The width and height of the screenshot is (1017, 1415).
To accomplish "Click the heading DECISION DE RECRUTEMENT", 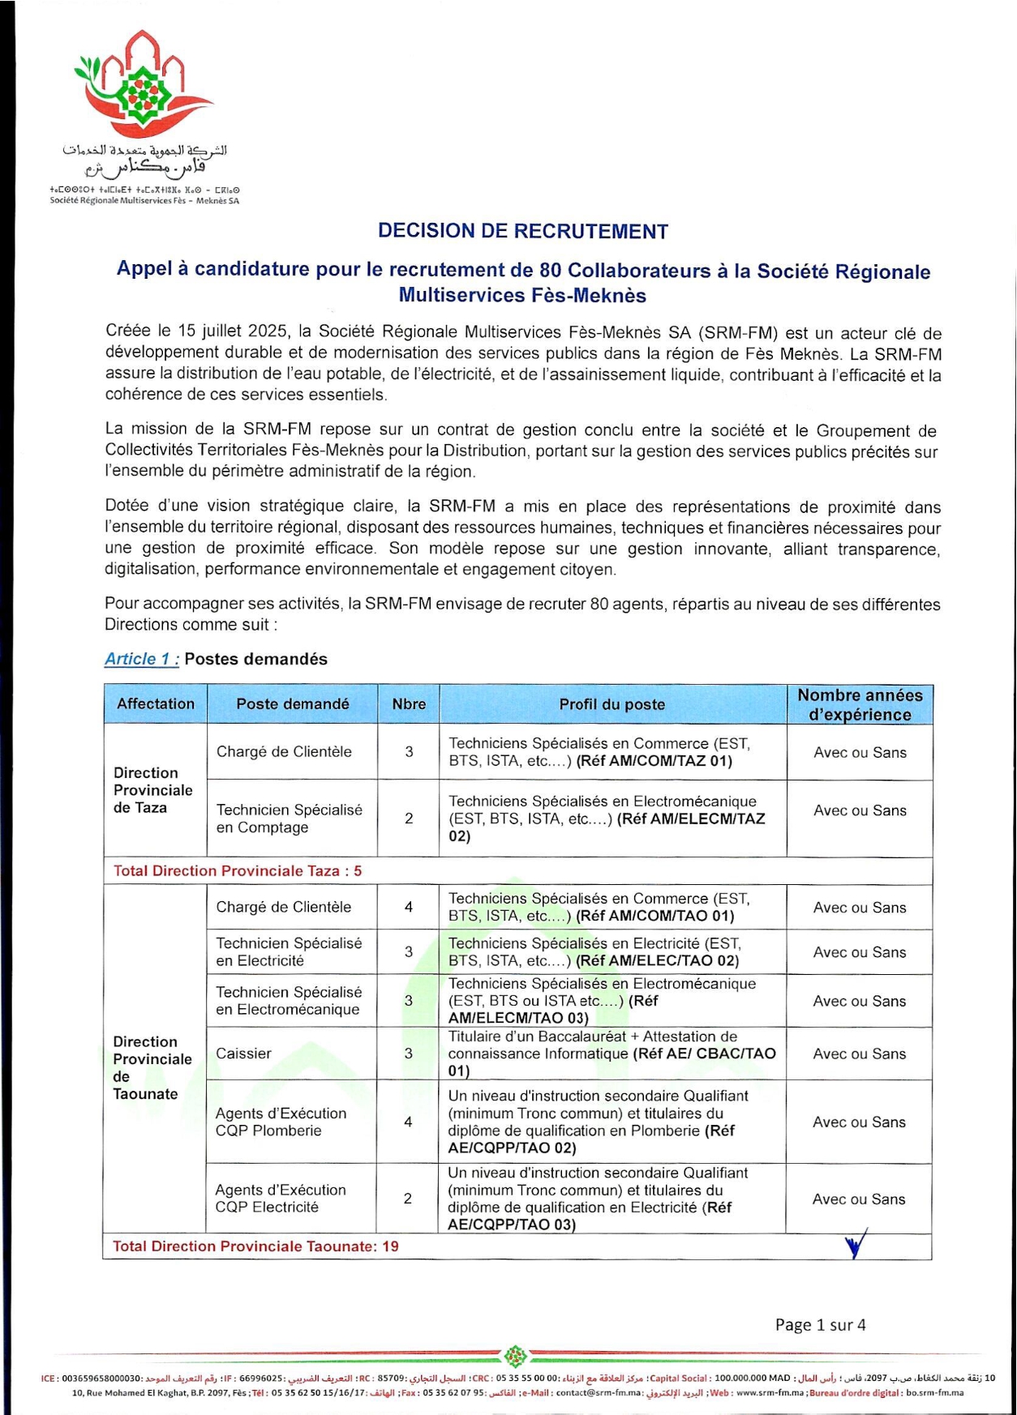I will coord(522,231).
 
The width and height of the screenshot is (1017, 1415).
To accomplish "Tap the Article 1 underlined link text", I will coord(142,659).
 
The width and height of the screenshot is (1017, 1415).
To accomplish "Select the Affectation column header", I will coord(156,703).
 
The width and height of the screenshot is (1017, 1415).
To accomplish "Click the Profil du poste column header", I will coord(611,704).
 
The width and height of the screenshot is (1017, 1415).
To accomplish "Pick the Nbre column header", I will coord(409,704).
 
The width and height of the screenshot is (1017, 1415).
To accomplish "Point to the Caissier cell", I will coord(243,1053).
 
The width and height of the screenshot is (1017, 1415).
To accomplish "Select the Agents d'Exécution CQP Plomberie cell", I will coord(281,1122).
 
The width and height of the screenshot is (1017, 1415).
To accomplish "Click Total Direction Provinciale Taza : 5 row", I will coord(238,870).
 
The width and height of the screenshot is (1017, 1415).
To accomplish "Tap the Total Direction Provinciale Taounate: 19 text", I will coord(255,1246).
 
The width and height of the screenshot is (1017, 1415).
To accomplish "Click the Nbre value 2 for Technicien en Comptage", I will coord(409,818).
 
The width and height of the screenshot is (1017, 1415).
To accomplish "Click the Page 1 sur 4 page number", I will coord(820,1324).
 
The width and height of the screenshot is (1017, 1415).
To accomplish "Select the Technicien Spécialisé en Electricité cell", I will coord(289,951).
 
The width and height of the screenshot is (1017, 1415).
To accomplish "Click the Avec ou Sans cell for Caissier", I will coord(859,1054).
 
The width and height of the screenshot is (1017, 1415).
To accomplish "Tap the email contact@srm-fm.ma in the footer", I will coord(599,1392).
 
